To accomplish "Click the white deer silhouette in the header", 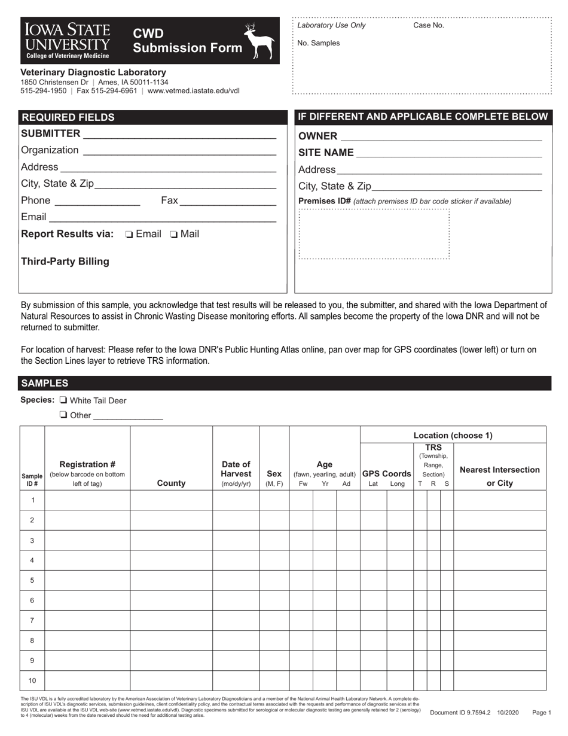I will coord(261,41).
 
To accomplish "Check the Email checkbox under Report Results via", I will coord(129,235).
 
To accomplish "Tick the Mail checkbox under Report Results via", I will coord(173,235).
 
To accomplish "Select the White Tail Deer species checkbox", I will coord(63,400).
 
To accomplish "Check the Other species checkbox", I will coord(63,415).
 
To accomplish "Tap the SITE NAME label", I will coord(326,153).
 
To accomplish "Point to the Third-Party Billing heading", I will coord(65,261).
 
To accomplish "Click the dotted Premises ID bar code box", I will coord(374,233).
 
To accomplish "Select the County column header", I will coord(171,483).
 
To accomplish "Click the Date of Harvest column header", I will coord(236,473).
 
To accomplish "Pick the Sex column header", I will coord(274,478).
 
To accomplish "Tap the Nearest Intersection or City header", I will coord(499,476).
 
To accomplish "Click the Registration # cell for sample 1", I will coord(87,500).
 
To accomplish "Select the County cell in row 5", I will coord(171,580).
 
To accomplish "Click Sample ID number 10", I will coord(32,680).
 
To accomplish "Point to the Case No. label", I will coord(429,26).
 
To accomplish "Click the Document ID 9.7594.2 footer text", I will coord(460,713).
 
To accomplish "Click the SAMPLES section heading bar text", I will coord(45,384).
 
